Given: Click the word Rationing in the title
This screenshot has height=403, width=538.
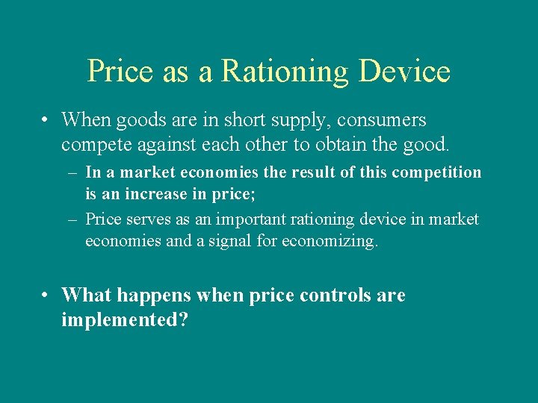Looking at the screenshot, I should click(285, 72).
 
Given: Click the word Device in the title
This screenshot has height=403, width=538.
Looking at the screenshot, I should click(404, 72).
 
